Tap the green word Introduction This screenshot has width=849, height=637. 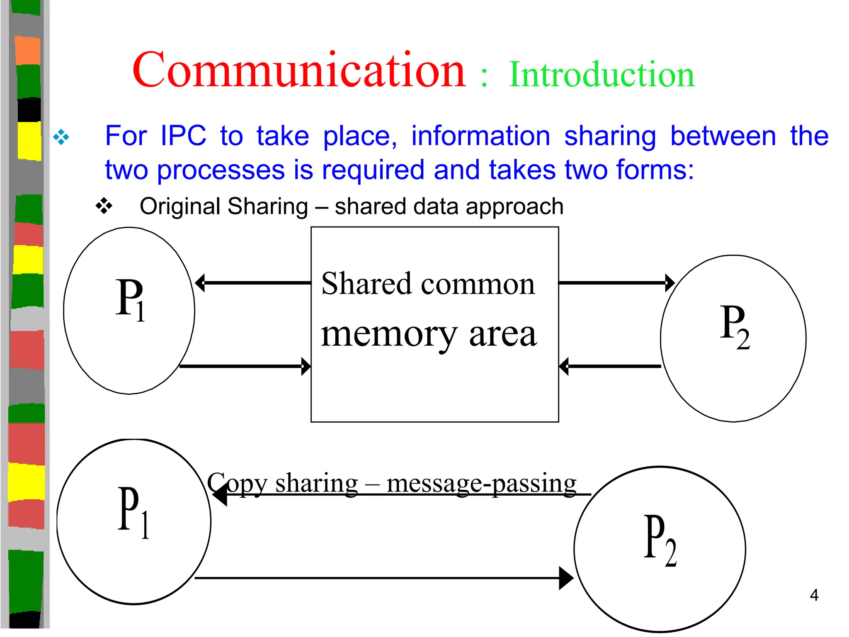[601, 75]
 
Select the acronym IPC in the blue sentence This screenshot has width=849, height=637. [183, 136]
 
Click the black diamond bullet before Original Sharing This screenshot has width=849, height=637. [104, 206]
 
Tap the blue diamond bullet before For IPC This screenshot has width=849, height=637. [61, 137]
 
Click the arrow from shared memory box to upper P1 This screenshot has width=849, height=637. [253, 283]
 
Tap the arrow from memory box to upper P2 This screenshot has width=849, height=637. [616, 283]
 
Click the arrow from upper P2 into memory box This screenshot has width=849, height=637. [610, 367]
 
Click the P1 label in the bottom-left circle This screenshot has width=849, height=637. [133, 512]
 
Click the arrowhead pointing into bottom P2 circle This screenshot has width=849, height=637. [565, 578]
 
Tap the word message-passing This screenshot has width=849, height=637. [481, 484]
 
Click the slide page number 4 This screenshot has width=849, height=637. [814, 596]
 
